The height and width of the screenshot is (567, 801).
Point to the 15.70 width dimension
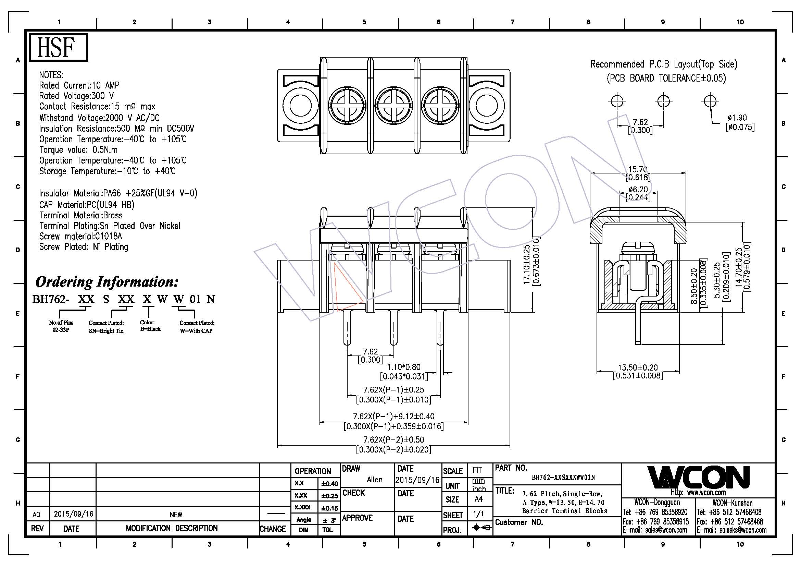[637, 169]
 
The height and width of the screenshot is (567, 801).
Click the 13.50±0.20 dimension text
[638, 367]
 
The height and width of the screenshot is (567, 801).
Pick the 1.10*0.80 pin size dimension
[404, 367]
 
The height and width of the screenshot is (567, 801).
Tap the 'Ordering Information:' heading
[107, 282]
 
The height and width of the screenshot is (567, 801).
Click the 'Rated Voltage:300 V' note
[76, 96]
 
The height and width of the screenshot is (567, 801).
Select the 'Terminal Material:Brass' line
[80, 215]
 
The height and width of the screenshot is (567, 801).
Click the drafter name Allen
[374, 480]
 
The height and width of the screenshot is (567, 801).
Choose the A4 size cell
[478, 499]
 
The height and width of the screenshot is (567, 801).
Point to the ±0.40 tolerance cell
[329, 484]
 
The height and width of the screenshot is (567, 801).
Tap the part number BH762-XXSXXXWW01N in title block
[563, 478]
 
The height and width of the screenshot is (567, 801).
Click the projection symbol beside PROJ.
[482, 528]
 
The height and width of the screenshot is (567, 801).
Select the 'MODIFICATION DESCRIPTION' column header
[172, 528]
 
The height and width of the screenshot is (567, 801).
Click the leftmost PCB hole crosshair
[617, 101]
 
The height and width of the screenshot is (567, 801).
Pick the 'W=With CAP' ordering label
[196, 330]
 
